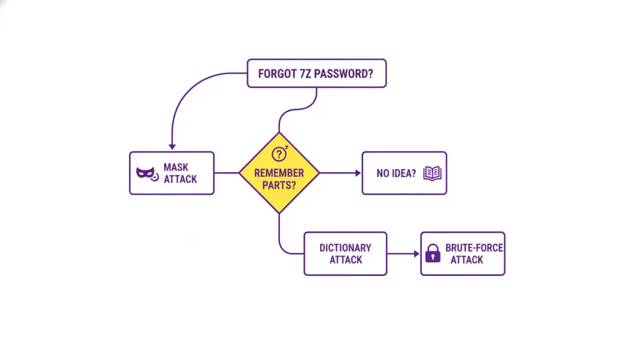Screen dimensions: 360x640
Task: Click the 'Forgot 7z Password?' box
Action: pos(316,73)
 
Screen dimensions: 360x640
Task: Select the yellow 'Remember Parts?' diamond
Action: pos(279,173)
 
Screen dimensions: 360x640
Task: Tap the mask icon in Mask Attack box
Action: pos(146,173)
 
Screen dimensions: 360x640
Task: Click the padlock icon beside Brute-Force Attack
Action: pos(433,253)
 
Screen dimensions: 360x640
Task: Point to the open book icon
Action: pos(433,173)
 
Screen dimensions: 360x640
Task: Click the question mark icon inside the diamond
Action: pos(279,154)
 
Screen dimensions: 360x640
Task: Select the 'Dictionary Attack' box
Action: pos(345,253)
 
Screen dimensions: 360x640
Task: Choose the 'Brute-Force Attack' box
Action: pos(462,253)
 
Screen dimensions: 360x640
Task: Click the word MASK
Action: pos(176,167)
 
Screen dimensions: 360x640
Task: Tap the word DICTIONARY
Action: pos(345,248)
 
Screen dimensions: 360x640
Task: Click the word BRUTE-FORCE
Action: pos(474,248)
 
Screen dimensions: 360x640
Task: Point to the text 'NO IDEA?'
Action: pos(396,173)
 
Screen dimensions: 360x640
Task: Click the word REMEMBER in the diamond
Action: pos(279,173)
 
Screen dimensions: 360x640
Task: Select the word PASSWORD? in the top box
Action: pos(343,74)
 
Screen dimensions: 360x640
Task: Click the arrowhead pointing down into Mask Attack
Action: pos(172,146)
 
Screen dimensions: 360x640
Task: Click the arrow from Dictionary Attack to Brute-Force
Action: pos(403,254)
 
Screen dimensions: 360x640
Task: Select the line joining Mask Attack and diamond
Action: pos(226,173)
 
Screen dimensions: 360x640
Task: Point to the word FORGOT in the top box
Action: pos(276,74)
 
